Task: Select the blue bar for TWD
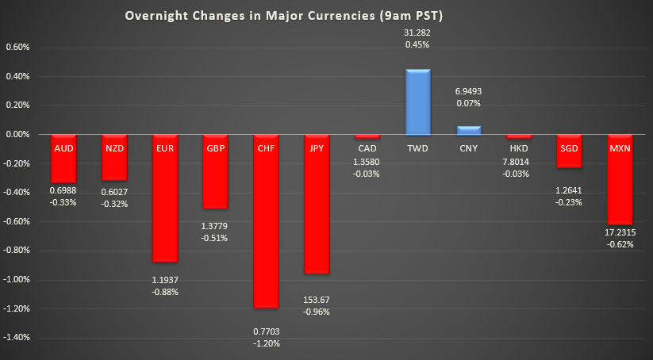coord(418,102)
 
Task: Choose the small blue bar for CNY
coord(469,130)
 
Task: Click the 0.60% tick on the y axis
coord(17,48)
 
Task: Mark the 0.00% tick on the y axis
coord(17,135)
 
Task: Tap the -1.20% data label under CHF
coord(266,343)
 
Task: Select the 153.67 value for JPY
coord(317,299)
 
